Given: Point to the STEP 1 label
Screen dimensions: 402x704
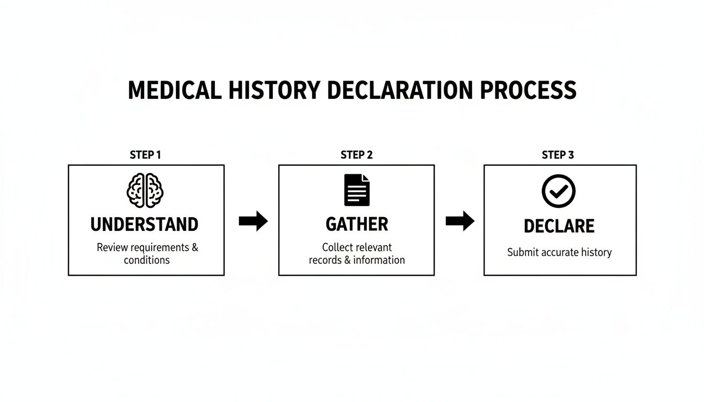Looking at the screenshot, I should pos(145,155).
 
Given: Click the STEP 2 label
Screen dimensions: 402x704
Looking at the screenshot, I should pos(357,155).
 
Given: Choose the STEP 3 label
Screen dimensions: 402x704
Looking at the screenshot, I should pos(558,155).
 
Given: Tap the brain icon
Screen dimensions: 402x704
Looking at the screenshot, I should pos(145,191).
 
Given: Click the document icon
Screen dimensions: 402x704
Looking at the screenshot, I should pos(357,190).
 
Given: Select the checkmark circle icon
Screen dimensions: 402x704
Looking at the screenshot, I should pos(558,191).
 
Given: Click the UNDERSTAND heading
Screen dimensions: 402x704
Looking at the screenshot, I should pos(145,225).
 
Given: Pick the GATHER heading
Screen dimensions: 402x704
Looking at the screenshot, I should pos(357,225).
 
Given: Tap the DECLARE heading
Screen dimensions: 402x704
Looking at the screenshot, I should pos(559,226).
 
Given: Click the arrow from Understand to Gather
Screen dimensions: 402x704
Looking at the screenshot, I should pos(253,221).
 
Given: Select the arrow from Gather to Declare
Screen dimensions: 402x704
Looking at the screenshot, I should pos(460,221).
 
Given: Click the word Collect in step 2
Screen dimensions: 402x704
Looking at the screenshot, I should pos(338,247).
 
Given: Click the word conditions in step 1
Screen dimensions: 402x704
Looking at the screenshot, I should pos(147,260).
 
